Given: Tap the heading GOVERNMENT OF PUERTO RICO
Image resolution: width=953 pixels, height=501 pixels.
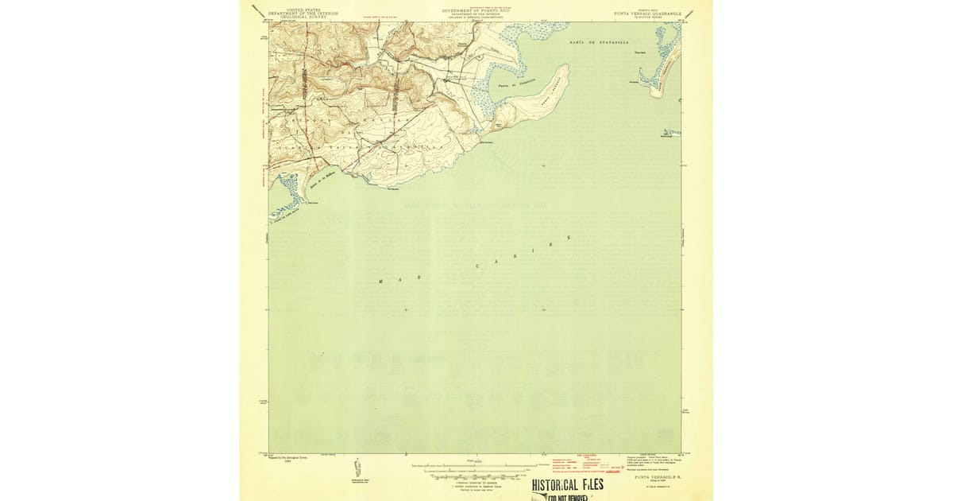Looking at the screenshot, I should pyautogui.click(x=476, y=10).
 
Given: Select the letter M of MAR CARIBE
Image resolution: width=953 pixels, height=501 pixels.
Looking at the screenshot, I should pyautogui.click(x=380, y=282).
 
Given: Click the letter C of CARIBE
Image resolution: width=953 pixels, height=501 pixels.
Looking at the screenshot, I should pyautogui.click(x=477, y=266).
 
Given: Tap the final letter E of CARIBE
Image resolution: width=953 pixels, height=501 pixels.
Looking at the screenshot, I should pyautogui.click(x=569, y=238).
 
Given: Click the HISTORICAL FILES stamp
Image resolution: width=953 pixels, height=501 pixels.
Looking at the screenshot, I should pyautogui.click(x=567, y=484).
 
